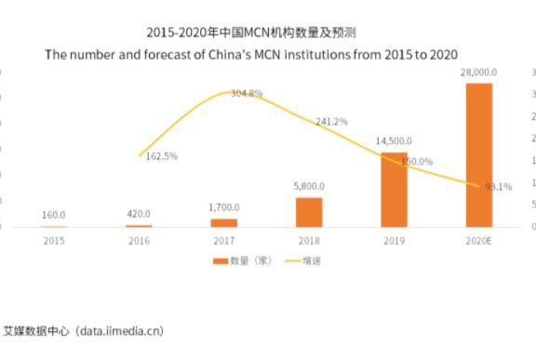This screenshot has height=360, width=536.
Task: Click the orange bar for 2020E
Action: (x=479, y=154)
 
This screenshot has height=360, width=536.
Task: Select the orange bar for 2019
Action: (x=395, y=190)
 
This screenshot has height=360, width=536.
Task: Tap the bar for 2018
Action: (x=309, y=212)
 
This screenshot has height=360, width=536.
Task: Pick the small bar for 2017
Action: (x=224, y=222)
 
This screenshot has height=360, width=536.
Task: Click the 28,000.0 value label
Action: (x=479, y=72)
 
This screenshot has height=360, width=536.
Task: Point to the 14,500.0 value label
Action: (x=395, y=140)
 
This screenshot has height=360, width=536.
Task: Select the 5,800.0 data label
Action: (x=309, y=185)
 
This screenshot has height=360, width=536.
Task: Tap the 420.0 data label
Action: (x=140, y=213)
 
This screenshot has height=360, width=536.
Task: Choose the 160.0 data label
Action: (x=54, y=215)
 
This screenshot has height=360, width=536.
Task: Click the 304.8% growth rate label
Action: (x=246, y=94)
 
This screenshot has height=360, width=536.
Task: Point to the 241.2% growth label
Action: (x=331, y=122)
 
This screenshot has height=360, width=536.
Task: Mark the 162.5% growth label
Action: (x=162, y=156)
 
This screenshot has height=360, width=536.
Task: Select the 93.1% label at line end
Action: (x=498, y=186)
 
